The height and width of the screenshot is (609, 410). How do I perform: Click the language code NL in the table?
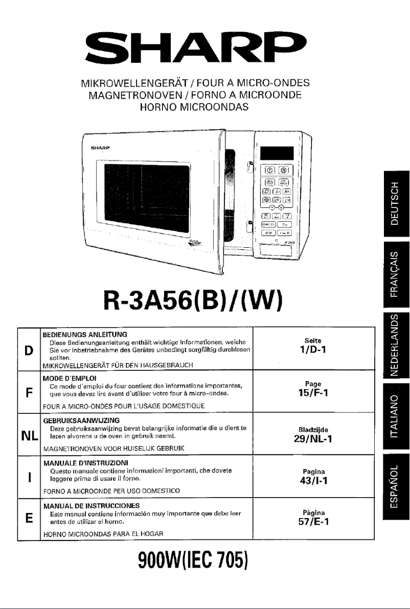(x=29, y=436)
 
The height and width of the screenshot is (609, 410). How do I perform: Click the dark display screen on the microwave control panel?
(x=277, y=153)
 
